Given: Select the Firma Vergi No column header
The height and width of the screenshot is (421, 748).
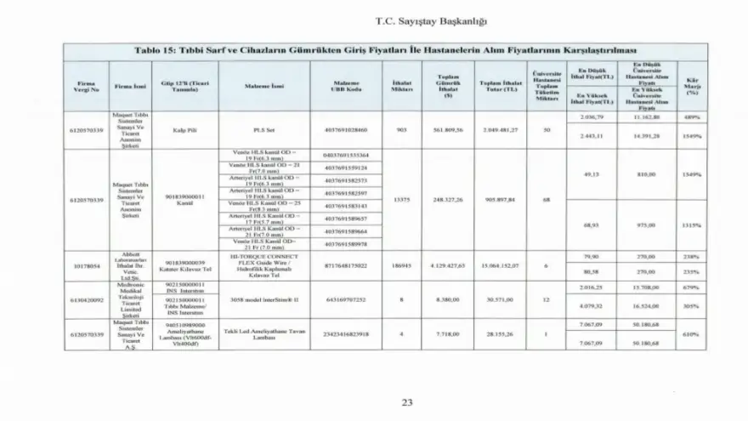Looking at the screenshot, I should click(x=83, y=86).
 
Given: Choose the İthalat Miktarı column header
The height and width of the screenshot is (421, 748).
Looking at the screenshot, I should click(x=401, y=86).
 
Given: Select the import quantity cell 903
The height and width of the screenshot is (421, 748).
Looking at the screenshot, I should click(x=401, y=131).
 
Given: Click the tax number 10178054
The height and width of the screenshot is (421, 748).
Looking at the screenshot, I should click(x=83, y=265).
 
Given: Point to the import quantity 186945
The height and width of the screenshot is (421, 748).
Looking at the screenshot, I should click(x=401, y=265).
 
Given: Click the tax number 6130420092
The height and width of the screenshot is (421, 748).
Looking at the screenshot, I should click(x=83, y=300).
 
